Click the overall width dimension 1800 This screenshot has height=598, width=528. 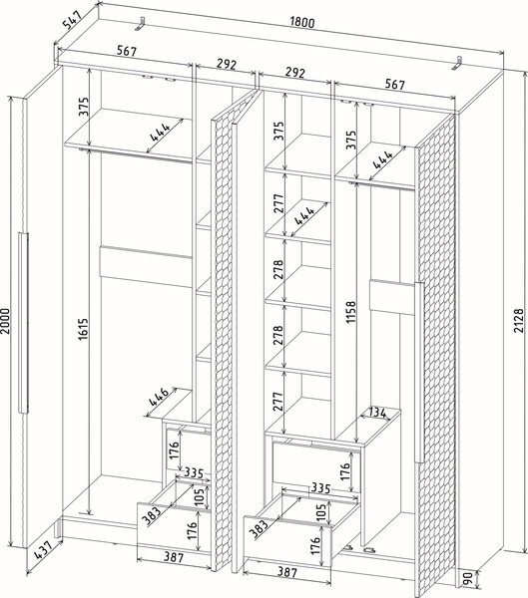pyautogui.click(x=302, y=23)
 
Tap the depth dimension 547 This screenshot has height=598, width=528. pyautogui.click(x=72, y=20)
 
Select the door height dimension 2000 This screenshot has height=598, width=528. pyautogui.click(x=5, y=320)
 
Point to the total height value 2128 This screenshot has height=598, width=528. pyautogui.click(x=518, y=320)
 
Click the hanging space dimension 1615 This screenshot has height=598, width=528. pyautogui.click(x=84, y=329)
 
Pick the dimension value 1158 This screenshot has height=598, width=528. pyautogui.click(x=350, y=312)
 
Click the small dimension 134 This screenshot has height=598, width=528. pyautogui.click(x=377, y=413)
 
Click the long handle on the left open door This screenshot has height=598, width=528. pyautogui.click(x=23, y=323)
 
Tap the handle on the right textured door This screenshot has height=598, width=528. pyautogui.click(x=419, y=372)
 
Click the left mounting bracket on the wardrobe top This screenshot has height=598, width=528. pyautogui.click(x=141, y=24)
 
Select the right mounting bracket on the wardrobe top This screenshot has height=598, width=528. pyautogui.click(x=457, y=64)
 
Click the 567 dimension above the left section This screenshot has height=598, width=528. pyautogui.click(x=126, y=51)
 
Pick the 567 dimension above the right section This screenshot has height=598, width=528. pyautogui.click(x=394, y=85)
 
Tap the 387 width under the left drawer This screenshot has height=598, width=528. pyautogui.click(x=174, y=557)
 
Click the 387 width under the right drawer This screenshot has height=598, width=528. pyautogui.click(x=286, y=572)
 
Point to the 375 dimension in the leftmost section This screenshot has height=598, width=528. pyautogui.click(x=84, y=107)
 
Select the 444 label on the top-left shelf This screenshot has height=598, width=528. pyautogui.click(x=160, y=132)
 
